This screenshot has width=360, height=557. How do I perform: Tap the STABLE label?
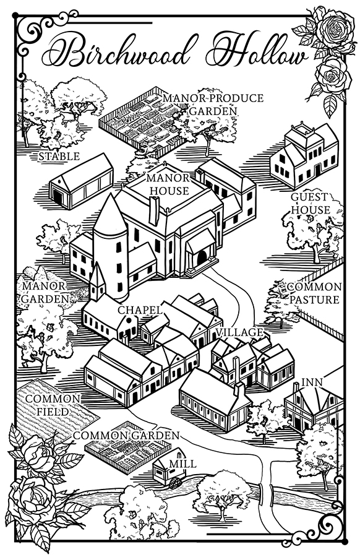pyautogui.click(x=59, y=157)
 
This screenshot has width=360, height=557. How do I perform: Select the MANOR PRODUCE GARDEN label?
pyautogui.click(x=213, y=104)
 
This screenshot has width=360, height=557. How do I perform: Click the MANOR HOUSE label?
pyautogui.click(x=169, y=184)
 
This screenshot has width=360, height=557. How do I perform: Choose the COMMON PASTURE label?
pyautogui.click(x=314, y=293)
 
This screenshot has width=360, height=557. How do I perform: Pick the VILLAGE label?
pyautogui.click(x=240, y=332)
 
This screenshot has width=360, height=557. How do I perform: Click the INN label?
pyautogui.click(x=312, y=382)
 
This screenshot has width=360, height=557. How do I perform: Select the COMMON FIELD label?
pyautogui.click(x=53, y=405)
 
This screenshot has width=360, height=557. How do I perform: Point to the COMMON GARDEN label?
pyautogui.click(x=126, y=436)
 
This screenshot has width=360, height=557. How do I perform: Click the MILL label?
pyautogui.click(x=182, y=464)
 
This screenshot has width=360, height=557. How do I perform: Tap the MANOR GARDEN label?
pyautogui.click(x=44, y=292)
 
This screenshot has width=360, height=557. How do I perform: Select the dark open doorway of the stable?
pyautogui.click(x=56, y=196)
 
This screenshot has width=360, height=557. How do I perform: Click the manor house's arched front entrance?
pyautogui.click(x=202, y=257)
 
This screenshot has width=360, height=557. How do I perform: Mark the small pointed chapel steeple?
pyautogui.click(x=97, y=280)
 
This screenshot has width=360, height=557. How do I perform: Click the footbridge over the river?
pyautogui.click(x=266, y=494)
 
